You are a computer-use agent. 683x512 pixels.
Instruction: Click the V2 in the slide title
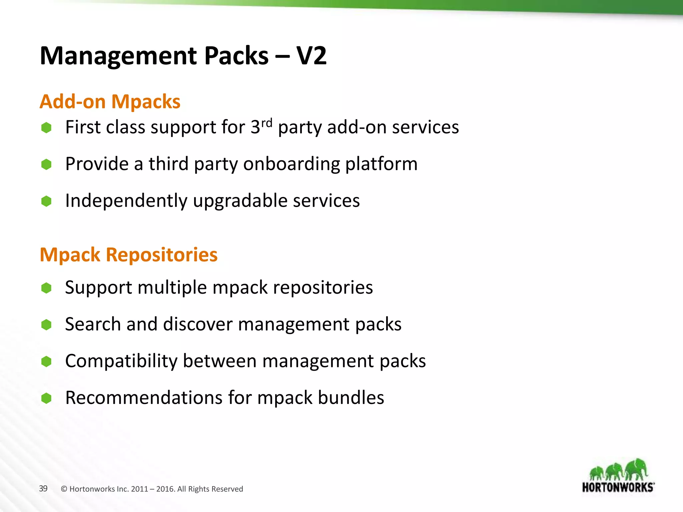coord(311,55)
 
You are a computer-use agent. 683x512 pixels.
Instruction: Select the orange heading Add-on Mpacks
coord(110,101)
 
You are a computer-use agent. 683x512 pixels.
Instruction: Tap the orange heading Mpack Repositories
coord(129,255)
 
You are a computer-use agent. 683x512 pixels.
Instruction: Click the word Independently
coord(126,201)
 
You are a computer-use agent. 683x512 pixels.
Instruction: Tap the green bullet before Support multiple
coord(46,288)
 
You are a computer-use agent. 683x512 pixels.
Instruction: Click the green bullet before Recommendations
coord(46,398)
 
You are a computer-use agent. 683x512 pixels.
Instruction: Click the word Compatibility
coord(121,361)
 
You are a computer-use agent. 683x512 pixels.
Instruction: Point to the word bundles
coord(351,398)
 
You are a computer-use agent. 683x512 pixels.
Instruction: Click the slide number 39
coord(43,488)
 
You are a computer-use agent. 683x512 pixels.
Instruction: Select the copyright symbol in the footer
coord(64,489)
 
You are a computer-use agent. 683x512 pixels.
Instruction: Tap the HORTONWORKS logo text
coord(618,487)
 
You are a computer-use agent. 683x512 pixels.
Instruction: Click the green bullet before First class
coord(46,128)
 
